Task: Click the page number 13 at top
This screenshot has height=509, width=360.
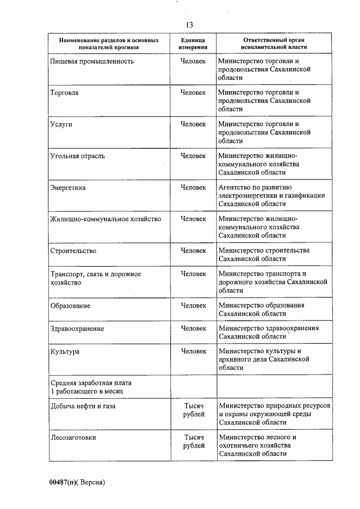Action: click(x=188, y=24)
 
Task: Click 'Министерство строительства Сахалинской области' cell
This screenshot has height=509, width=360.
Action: click(x=264, y=254)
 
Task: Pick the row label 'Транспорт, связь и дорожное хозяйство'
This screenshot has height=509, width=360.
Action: click(x=96, y=278)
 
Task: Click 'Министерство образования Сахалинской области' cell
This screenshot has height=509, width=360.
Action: click(x=262, y=309)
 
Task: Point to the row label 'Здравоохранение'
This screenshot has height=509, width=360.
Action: click(x=78, y=328)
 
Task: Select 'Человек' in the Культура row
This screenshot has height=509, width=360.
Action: click(x=193, y=352)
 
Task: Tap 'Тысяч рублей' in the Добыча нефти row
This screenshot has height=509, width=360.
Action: click(x=193, y=410)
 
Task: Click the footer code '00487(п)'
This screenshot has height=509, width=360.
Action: click(x=62, y=482)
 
